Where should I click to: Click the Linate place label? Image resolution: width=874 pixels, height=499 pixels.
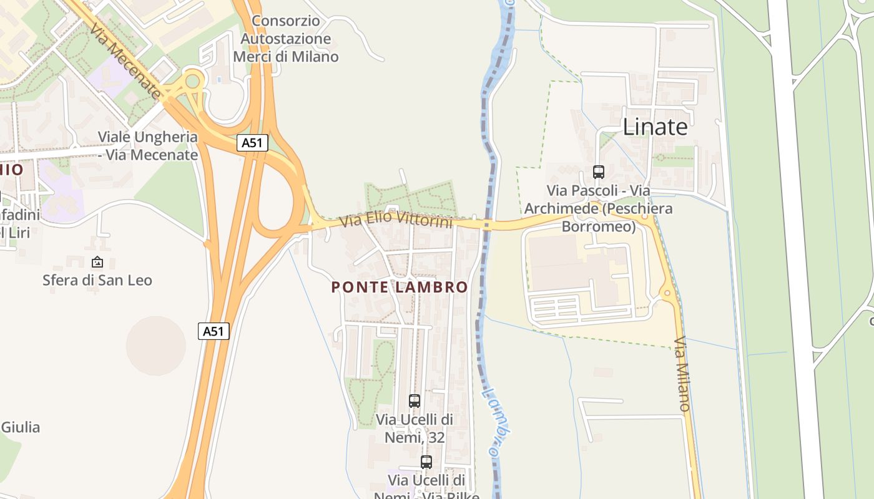point(655,127)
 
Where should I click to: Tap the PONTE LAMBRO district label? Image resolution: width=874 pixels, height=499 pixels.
point(400,287)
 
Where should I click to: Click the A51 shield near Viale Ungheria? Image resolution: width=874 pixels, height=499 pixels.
point(253,143)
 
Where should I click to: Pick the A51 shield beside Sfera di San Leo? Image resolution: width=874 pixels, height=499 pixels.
point(214,331)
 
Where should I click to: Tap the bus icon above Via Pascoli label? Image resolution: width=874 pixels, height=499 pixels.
point(598,172)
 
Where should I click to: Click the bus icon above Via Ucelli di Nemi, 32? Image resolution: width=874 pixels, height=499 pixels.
point(414,401)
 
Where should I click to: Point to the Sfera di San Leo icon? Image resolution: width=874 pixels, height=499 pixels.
point(97,262)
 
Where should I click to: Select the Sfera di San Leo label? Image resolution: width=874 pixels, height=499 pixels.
point(97,280)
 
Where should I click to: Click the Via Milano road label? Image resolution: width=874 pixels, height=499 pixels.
point(682,374)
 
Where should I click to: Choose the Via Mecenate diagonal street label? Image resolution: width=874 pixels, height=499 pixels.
point(125,61)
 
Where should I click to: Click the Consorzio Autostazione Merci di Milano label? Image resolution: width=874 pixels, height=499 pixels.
point(286,39)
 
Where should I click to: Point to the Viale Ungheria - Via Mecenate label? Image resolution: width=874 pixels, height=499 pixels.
point(148,146)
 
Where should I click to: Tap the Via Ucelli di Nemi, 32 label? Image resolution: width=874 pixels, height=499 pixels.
point(415,429)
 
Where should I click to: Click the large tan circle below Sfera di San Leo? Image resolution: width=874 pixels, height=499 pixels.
point(156,345)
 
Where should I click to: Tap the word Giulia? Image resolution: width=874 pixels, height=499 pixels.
point(21,427)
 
